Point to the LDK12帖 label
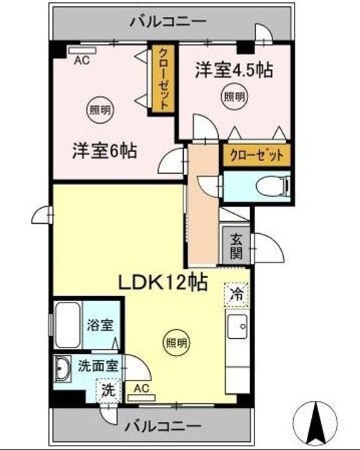(x=163, y=283)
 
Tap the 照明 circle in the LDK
(x=176, y=342)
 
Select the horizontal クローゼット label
(x=256, y=154)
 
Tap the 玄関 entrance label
(x=236, y=246)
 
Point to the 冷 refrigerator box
(x=236, y=293)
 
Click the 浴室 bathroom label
(x=100, y=325)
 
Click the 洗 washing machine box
(x=108, y=391)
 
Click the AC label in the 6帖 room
(x=81, y=60)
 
